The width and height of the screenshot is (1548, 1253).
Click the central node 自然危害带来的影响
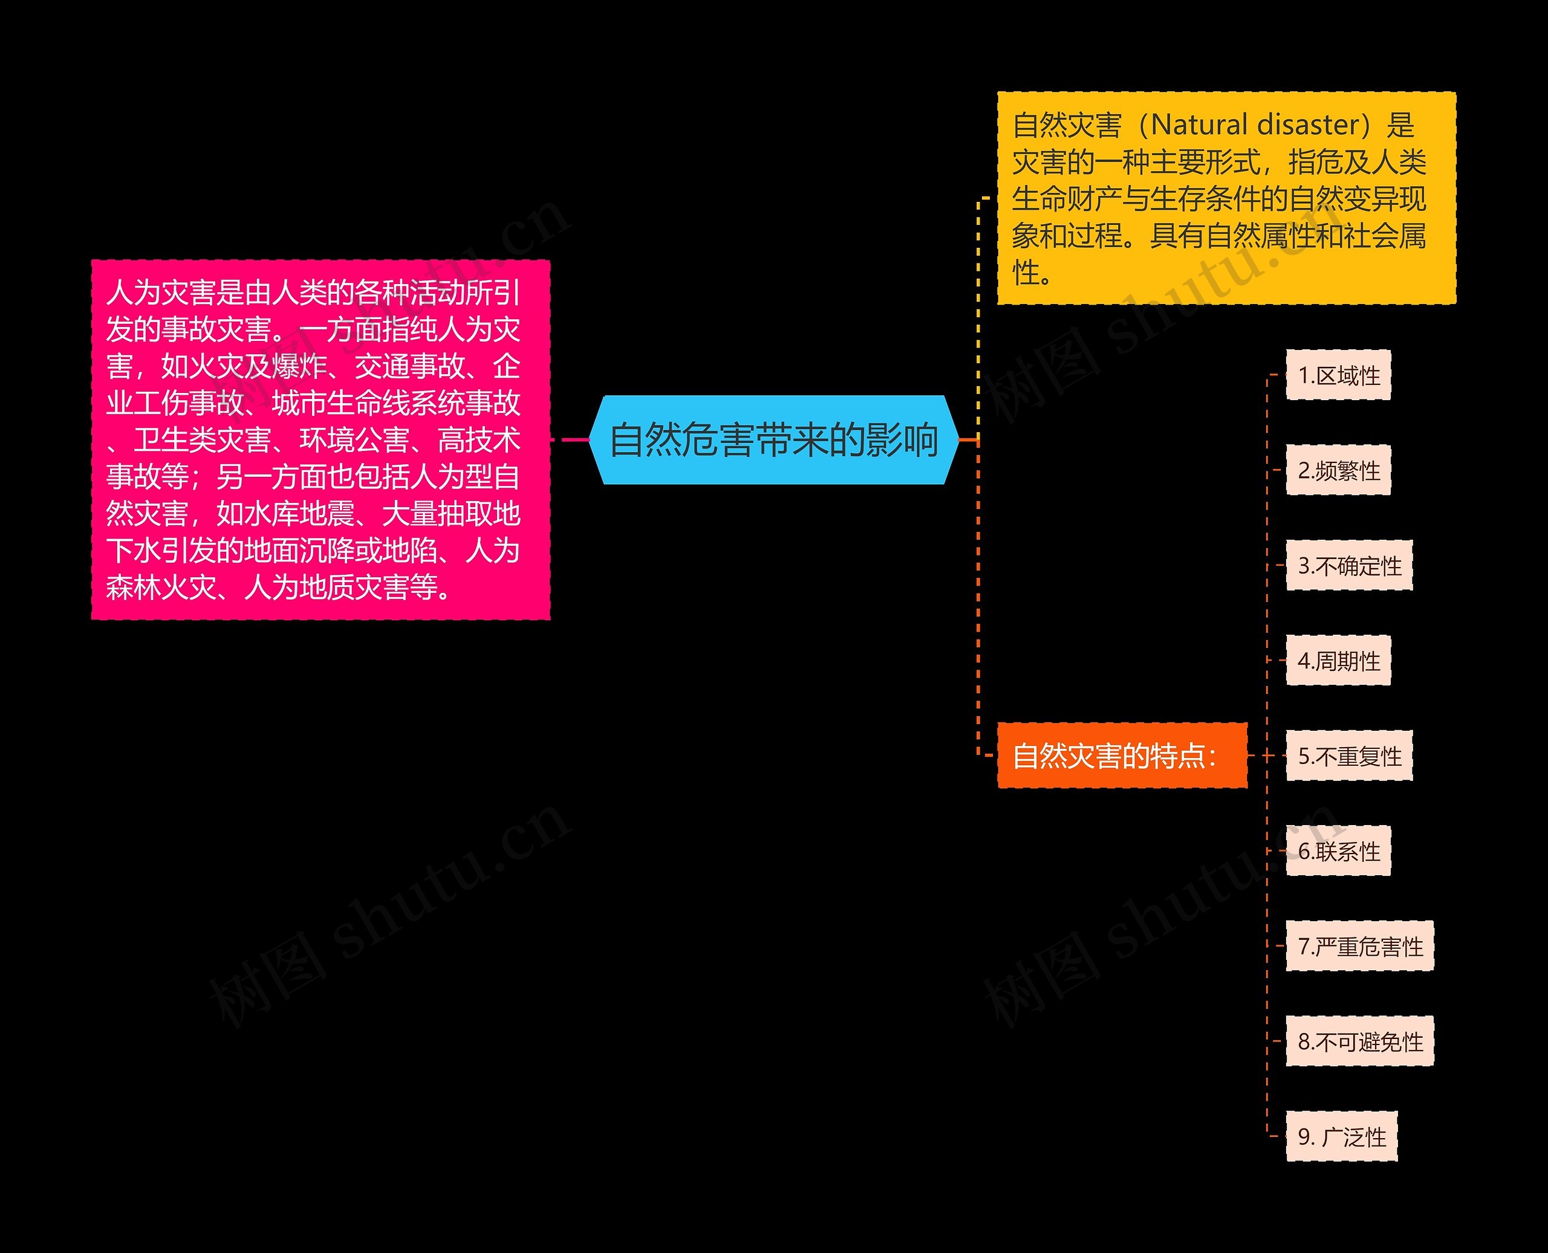773,439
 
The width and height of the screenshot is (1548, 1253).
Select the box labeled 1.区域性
1338,375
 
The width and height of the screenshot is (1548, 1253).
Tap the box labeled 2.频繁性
1338,471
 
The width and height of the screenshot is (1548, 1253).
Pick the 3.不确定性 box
1348,566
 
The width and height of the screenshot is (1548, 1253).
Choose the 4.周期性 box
1338,661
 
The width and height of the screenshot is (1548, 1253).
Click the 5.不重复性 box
1348,756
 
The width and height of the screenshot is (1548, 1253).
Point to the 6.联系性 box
1338,852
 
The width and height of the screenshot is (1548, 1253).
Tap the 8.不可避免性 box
1359,1042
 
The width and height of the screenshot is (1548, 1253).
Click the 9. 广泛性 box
1342,1138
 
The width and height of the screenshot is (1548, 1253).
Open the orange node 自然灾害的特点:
1121,756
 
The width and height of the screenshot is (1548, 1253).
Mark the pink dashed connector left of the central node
570,439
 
